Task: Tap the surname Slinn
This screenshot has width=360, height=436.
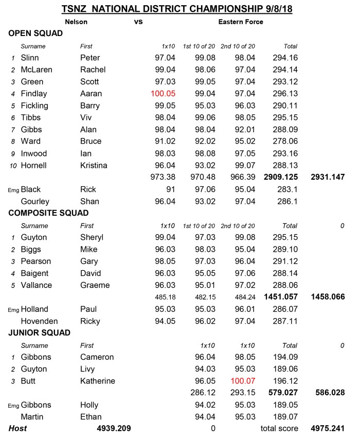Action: [30, 58]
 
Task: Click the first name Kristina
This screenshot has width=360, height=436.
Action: [94, 165]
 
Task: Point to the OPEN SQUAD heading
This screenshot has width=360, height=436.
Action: [35, 33]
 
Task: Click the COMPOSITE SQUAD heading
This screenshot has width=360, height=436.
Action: [48, 213]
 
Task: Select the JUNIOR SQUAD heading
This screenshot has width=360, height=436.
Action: [40, 333]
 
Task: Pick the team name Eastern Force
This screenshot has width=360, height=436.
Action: [241, 22]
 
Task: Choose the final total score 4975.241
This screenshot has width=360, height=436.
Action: [328, 428]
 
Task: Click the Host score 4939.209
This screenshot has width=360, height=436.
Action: [114, 428]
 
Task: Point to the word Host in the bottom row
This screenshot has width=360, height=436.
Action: [17, 428]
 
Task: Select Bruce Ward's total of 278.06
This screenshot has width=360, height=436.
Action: [286, 141]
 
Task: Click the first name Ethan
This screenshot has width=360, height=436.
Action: [91, 416]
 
